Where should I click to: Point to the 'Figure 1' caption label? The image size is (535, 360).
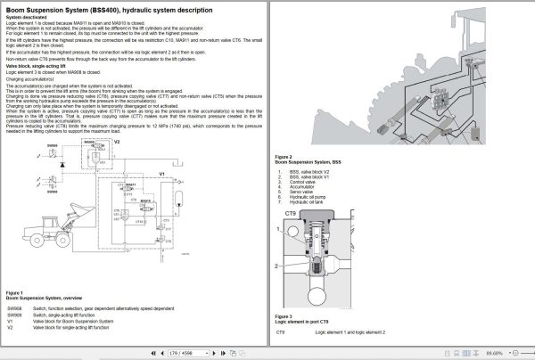click(x=15, y=291)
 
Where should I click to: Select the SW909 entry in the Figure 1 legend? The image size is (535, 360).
click(x=15, y=315)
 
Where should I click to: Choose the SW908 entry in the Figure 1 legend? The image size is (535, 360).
click(x=15, y=307)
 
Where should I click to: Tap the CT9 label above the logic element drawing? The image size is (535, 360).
click(x=291, y=214)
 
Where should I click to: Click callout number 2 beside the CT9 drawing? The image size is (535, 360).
click(x=278, y=266)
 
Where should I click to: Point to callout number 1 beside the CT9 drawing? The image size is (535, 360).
click(x=278, y=234)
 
